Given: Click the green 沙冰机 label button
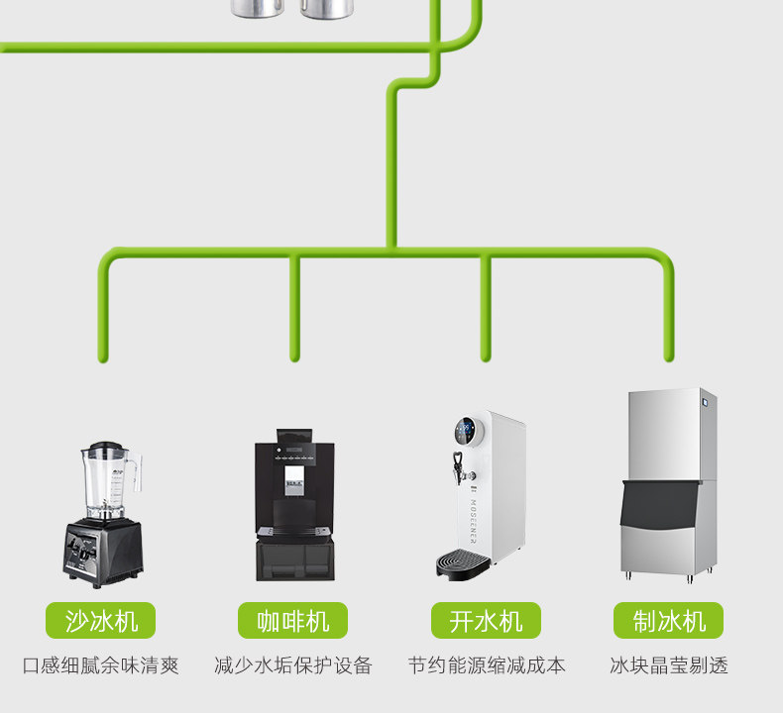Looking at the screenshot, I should pyautogui.click(x=100, y=621).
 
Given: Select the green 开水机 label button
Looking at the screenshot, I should pyautogui.click(x=486, y=621).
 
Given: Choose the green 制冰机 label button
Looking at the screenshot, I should pyautogui.click(x=668, y=621).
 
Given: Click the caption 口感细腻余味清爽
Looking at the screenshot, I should pyautogui.click(x=100, y=665).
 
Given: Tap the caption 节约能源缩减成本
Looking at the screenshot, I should pyautogui.click(x=486, y=665).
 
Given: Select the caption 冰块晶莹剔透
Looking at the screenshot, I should pyautogui.click(x=668, y=665).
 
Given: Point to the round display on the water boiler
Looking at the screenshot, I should pyautogui.click(x=465, y=431).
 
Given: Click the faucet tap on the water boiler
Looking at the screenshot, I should pyautogui.click(x=457, y=462).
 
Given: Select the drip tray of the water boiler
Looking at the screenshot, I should pyautogui.click(x=462, y=561).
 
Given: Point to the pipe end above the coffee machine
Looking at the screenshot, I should pyautogui.click(x=294, y=356).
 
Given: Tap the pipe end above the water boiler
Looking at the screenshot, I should pyautogui.click(x=485, y=356).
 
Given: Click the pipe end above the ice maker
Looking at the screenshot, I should pyautogui.click(x=669, y=356).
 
